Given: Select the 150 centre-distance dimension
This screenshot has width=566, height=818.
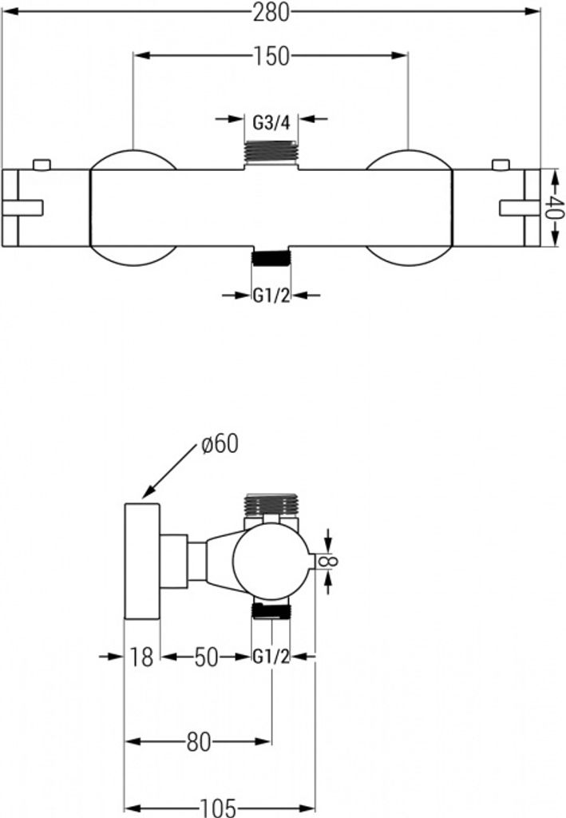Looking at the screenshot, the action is tap(271, 55).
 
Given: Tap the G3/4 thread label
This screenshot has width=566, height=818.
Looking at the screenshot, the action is tap(271, 123).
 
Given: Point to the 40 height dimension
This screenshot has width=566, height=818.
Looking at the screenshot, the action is tap(558, 208).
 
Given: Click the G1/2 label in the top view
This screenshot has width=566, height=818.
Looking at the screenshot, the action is tap(271, 296).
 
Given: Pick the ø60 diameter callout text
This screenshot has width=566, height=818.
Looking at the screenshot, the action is tap(219, 444).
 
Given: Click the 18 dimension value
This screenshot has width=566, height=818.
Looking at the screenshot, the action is tap(141, 657).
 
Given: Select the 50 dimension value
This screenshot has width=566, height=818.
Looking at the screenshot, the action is tap(206, 657).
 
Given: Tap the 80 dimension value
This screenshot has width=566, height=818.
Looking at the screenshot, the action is tap(199, 742).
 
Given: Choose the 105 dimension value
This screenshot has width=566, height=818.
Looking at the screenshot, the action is tap(219, 808).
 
